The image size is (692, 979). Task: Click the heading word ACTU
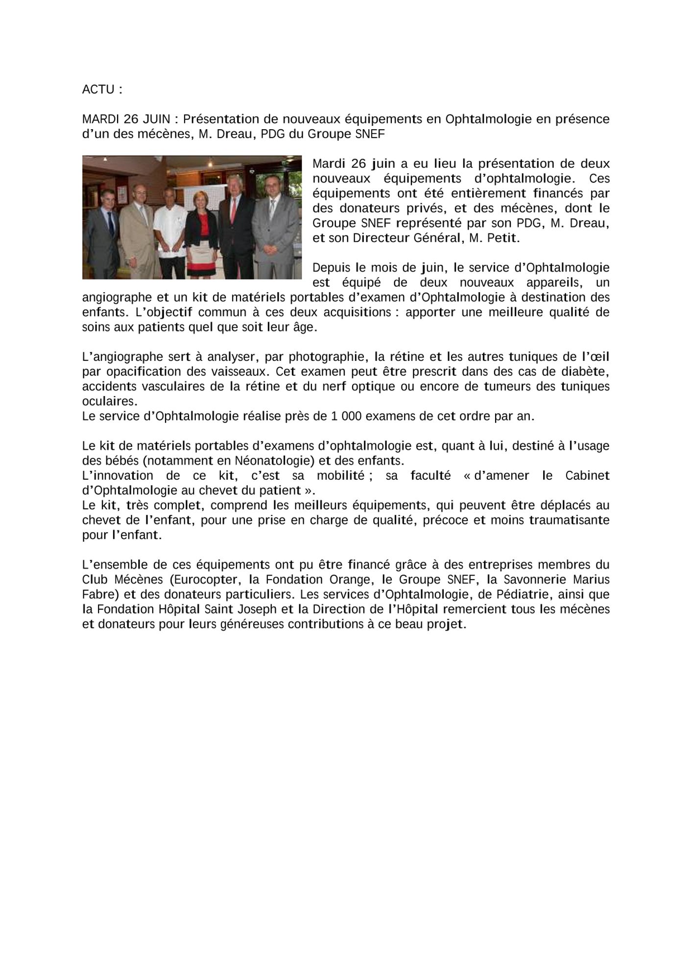click(98, 90)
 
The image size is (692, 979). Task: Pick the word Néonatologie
click(274, 461)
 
